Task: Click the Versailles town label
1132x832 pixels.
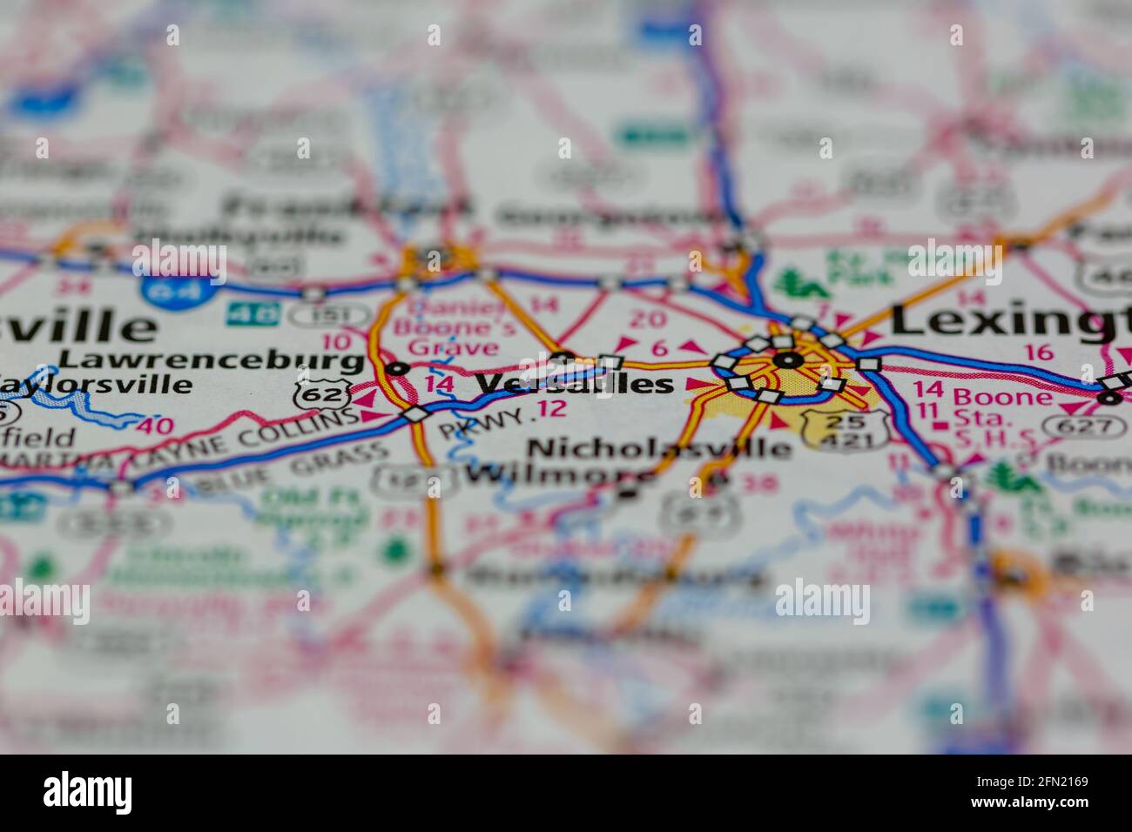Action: point(575,385)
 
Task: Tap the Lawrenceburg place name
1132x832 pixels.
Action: point(212,359)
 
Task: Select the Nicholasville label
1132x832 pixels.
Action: point(659,448)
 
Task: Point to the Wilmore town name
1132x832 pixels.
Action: point(557,475)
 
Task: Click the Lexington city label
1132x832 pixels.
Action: point(1010,322)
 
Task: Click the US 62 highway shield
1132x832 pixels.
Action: point(312,393)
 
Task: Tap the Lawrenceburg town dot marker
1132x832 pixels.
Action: point(398,368)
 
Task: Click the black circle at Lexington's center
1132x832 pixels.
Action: point(788,359)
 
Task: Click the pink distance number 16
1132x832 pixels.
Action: point(1039,352)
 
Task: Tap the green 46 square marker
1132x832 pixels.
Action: point(253,313)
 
